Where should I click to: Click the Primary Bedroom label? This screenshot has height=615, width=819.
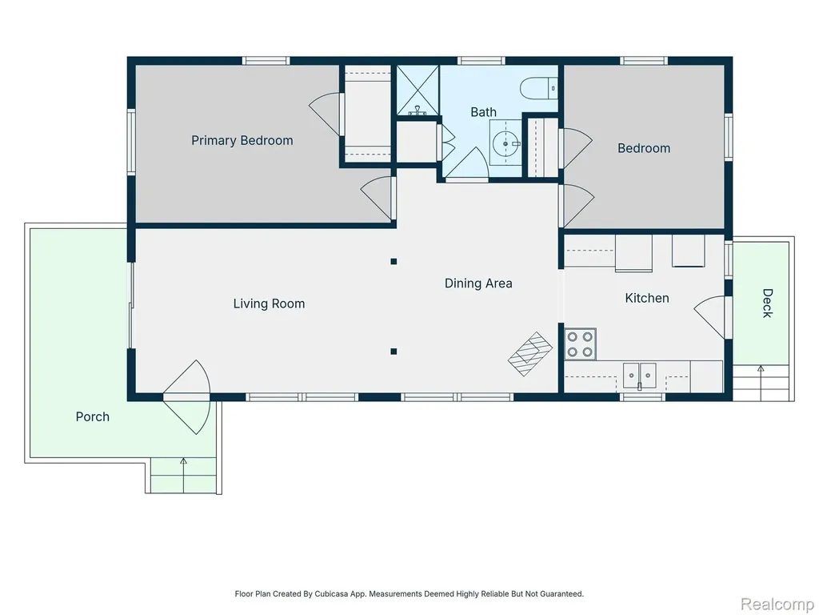242,141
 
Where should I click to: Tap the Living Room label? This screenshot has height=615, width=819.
269,303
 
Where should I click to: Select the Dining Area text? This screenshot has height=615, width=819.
478,283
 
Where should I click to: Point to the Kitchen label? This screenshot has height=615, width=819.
646,298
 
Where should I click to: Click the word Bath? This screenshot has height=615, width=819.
483,112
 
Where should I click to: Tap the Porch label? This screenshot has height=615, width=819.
93,416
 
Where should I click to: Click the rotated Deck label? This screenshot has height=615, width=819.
767,303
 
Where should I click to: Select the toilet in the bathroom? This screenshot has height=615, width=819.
538,88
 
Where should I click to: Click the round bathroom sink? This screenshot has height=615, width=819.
505,143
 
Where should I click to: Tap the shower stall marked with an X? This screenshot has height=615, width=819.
417,90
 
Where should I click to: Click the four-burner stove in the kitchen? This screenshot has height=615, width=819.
580,344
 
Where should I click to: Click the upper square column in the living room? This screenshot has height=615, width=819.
394,262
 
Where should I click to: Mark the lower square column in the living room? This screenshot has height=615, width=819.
394,352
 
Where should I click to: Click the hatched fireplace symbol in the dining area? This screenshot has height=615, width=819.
530,353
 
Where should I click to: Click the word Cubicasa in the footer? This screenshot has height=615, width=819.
331,594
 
